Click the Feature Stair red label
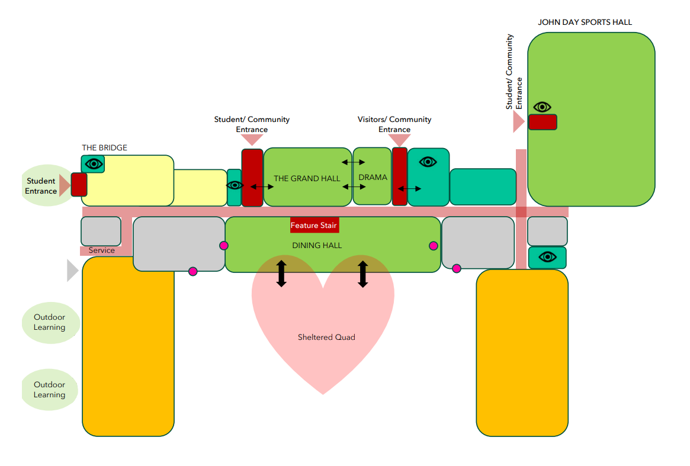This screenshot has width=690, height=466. (x=314, y=226)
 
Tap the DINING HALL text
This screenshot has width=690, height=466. (x=317, y=245)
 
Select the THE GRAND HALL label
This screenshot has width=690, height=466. (x=307, y=178)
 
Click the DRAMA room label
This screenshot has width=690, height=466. (x=373, y=177)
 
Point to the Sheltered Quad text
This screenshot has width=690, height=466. (x=326, y=337)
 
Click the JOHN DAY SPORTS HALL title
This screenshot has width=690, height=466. (x=585, y=22)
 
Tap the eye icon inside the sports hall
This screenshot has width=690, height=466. (x=542, y=107)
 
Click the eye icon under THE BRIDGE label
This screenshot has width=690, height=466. (x=94, y=163)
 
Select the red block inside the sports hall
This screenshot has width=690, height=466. (x=543, y=122)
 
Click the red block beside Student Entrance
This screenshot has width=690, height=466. (x=79, y=184)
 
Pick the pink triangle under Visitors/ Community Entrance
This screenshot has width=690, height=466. (x=400, y=140)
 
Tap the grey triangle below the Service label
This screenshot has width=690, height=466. (x=72, y=271)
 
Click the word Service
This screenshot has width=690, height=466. (x=102, y=250)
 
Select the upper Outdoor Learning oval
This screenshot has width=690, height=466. (x=50, y=322)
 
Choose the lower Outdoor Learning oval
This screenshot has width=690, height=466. (x=50, y=390)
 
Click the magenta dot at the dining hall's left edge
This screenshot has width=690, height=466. (x=224, y=245)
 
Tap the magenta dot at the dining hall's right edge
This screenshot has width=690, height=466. (x=434, y=246)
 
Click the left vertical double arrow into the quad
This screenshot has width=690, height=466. (x=281, y=274)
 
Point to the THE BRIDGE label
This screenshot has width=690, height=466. (x=104, y=147)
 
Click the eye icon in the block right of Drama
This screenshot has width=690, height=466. (x=428, y=162)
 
